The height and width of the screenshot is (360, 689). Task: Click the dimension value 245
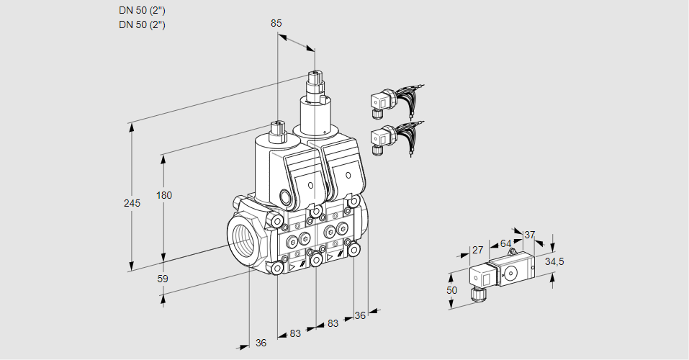point(132,203)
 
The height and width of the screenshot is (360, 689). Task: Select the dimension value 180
point(165,195)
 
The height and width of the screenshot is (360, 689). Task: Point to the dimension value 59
point(162,278)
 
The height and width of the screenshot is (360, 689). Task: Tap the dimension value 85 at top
point(276,23)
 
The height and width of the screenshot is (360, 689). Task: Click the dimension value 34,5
point(554,261)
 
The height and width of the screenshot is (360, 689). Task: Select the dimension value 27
point(477,250)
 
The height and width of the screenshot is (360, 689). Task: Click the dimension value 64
point(505,243)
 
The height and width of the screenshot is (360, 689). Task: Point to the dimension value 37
point(530,235)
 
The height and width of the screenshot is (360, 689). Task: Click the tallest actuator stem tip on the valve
point(314,75)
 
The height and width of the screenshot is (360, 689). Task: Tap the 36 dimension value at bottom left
point(261,343)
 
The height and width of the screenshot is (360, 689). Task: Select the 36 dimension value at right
point(361,315)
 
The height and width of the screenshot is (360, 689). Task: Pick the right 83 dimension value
point(333,323)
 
